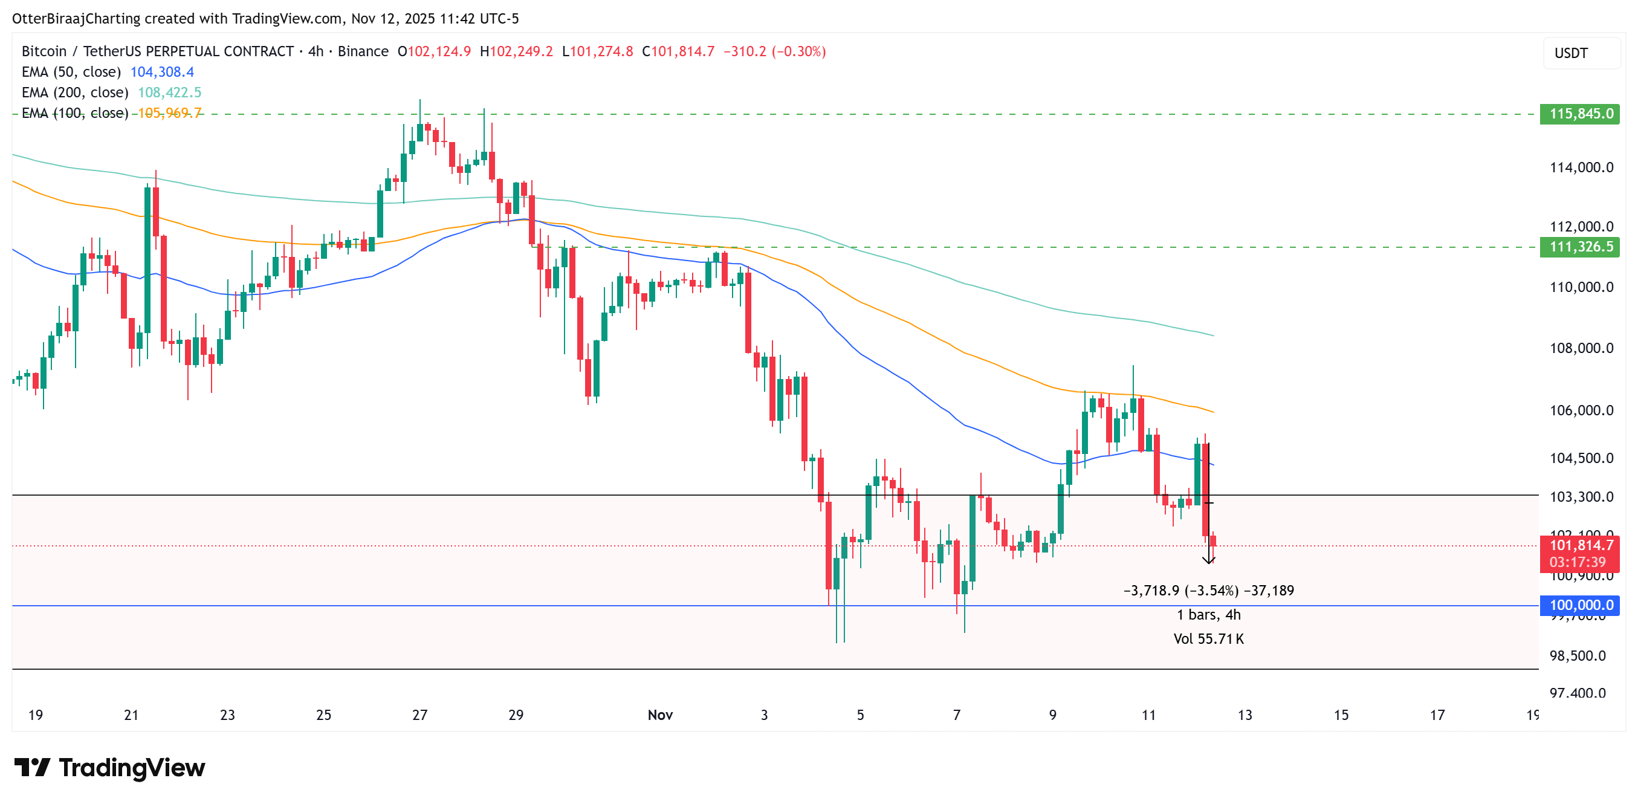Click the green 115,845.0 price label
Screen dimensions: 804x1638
pyautogui.click(x=1579, y=114)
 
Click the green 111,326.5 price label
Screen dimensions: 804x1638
pyautogui.click(x=1579, y=247)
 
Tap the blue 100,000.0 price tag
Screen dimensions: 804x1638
pyautogui.click(x=1579, y=605)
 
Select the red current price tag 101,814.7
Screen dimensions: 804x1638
pyautogui.click(x=1579, y=545)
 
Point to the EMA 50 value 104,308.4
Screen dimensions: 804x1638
pyautogui.click(x=161, y=72)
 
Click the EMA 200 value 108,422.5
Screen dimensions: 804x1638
pyautogui.click(x=169, y=92)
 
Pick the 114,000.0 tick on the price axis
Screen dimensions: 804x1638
pyautogui.click(x=1581, y=167)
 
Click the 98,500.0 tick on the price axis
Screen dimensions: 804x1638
pyautogui.click(x=1577, y=655)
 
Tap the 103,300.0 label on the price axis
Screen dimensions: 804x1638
pyautogui.click(x=1581, y=496)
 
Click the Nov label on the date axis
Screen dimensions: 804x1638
pyautogui.click(x=660, y=715)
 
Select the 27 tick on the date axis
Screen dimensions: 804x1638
pyautogui.click(x=419, y=715)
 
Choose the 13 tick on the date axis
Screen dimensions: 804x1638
pyautogui.click(x=1245, y=715)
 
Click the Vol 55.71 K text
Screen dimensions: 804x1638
pyautogui.click(x=1208, y=638)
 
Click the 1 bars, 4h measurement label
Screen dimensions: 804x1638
pyautogui.click(x=1208, y=614)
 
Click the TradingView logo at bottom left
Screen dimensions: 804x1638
pyautogui.click(x=109, y=768)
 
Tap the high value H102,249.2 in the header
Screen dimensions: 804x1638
pyautogui.click(x=516, y=51)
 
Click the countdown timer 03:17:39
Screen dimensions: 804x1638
pyautogui.click(x=1577, y=562)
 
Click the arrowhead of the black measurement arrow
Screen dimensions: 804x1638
pyautogui.click(x=1208, y=560)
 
